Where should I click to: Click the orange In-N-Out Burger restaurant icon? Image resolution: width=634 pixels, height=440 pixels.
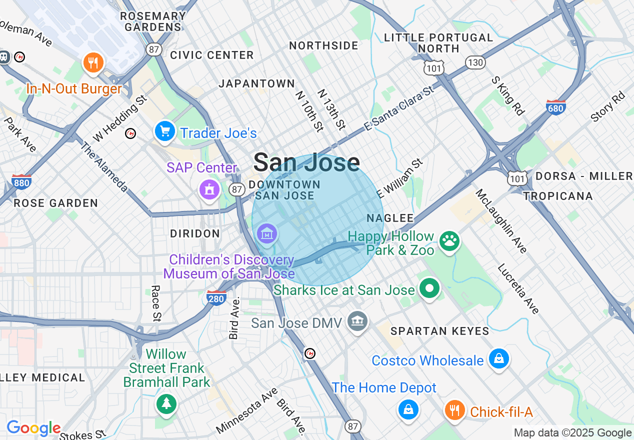(93, 62)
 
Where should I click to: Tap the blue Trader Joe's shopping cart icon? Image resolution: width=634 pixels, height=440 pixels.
(164, 131)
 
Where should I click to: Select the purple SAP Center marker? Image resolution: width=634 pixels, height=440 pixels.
(209, 190)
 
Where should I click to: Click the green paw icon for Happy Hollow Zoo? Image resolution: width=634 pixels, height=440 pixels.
(449, 241)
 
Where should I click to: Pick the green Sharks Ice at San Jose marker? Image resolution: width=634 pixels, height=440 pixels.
(429, 288)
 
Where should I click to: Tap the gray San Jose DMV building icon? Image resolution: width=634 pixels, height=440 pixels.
(358, 321)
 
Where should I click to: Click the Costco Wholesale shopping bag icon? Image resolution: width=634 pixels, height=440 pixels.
(498, 359)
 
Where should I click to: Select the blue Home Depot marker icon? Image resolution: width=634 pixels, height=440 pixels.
(408, 409)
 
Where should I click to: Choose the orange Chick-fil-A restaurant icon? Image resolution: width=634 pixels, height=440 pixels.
(454, 410)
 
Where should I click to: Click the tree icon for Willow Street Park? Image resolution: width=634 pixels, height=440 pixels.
(166, 403)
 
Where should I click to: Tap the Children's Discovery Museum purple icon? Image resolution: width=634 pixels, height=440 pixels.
(267, 233)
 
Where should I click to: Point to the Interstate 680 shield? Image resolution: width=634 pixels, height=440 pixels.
(556, 107)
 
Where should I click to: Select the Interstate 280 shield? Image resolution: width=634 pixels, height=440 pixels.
(216, 297)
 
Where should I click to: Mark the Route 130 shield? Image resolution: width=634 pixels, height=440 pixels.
(475, 62)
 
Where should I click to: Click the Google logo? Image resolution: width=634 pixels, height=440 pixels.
(33, 428)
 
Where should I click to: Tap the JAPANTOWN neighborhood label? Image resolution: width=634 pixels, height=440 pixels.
(257, 83)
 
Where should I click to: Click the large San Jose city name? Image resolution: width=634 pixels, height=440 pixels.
(306, 162)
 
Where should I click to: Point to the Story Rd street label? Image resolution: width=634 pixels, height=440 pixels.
(608, 106)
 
